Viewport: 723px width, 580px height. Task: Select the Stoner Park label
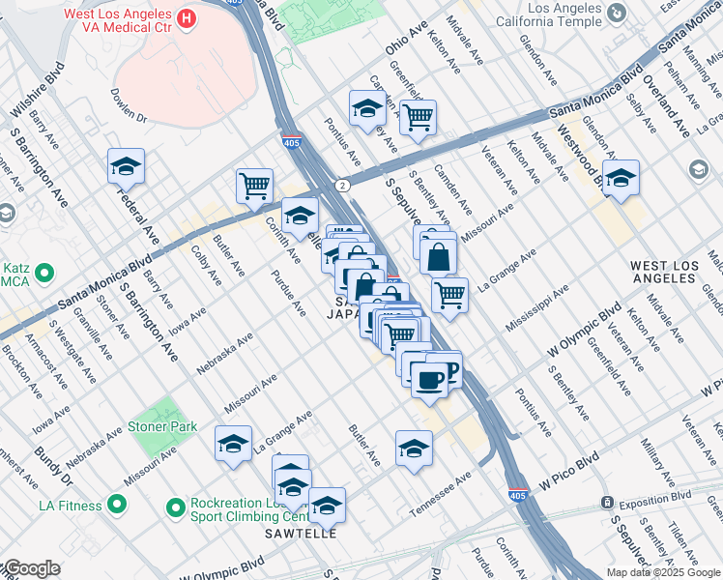162,426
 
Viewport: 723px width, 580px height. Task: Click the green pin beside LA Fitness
117,505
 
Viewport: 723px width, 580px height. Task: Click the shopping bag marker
439,257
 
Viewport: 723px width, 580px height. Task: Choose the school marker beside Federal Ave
126,168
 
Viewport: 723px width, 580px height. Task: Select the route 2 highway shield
341,185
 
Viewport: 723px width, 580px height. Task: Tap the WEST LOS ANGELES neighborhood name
662,271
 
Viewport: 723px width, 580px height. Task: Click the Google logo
31,568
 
